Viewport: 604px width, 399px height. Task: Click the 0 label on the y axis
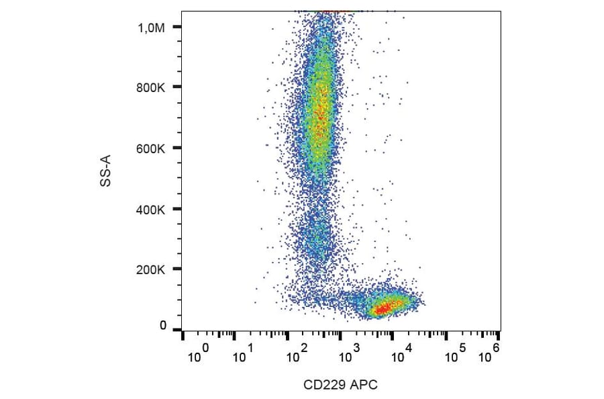[163, 326]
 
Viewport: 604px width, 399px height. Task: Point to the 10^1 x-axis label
[243, 353]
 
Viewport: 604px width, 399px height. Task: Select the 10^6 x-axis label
[491, 351]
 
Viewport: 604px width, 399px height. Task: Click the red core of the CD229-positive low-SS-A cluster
[383, 308]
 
